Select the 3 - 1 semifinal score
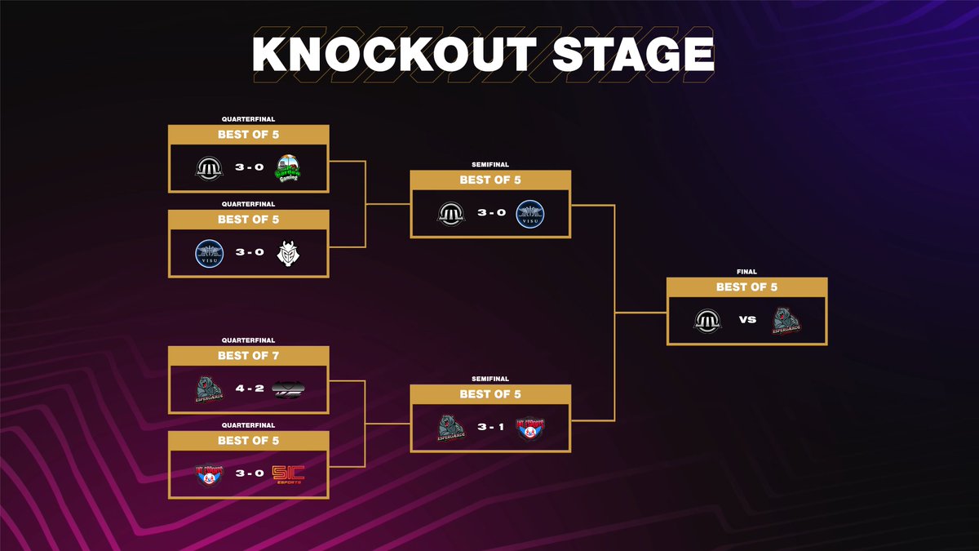pyautogui.click(x=490, y=427)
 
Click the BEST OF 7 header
pyautogui.click(x=248, y=355)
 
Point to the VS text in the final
pyautogui.click(x=747, y=320)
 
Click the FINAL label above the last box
pyautogui.click(x=746, y=272)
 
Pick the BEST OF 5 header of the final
pyautogui.click(x=746, y=287)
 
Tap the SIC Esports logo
pyautogui.click(x=288, y=473)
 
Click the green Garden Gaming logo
pyautogui.click(x=288, y=168)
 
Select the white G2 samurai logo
pyautogui.click(x=288, y=252)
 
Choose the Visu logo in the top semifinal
pyautogui.click(x=531, y=214)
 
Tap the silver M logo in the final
pyautogui.click(x=707, y=320)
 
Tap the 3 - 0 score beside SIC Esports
pyautogui.click(x=248, y=473)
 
